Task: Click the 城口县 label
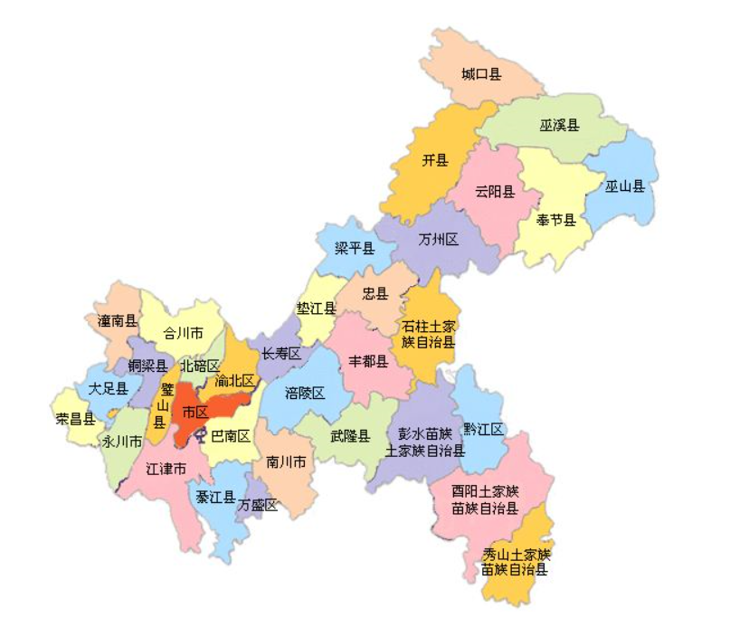[481, 73]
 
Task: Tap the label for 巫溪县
[560, 124]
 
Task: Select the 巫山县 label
[625, 186]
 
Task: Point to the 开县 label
[435, 161]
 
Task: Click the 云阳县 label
[495, 192]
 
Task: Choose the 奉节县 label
[556, 220]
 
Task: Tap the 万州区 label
[439, 240]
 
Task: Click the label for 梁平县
[355, 248]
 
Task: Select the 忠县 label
[375, 293]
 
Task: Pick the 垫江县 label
[317, 309]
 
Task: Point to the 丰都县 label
[369, 362]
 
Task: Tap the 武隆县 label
[350, 435]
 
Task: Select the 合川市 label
[183, 333]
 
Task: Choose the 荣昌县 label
[76, 418]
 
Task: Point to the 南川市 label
[286, 462]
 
